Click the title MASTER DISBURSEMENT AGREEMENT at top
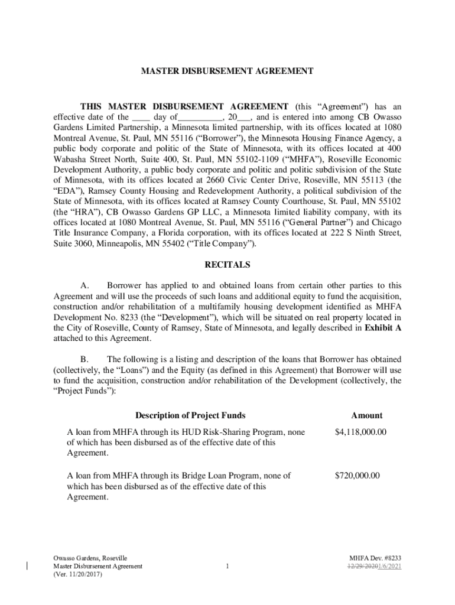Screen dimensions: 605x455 (x=227, y=71)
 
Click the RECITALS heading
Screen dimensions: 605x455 (x=227, y=265)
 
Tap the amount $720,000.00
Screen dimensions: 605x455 (x=357, y=476)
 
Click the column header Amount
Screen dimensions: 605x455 (x=366, y=415)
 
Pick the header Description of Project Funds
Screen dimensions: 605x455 (x=190, y=415)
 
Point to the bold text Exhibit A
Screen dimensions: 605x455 (x=383, y=328)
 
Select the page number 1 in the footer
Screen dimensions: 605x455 (x=227, y=567)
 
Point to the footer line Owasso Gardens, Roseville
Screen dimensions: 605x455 (x=90, y=558)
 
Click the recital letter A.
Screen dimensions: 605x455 (x=85, y=286)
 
